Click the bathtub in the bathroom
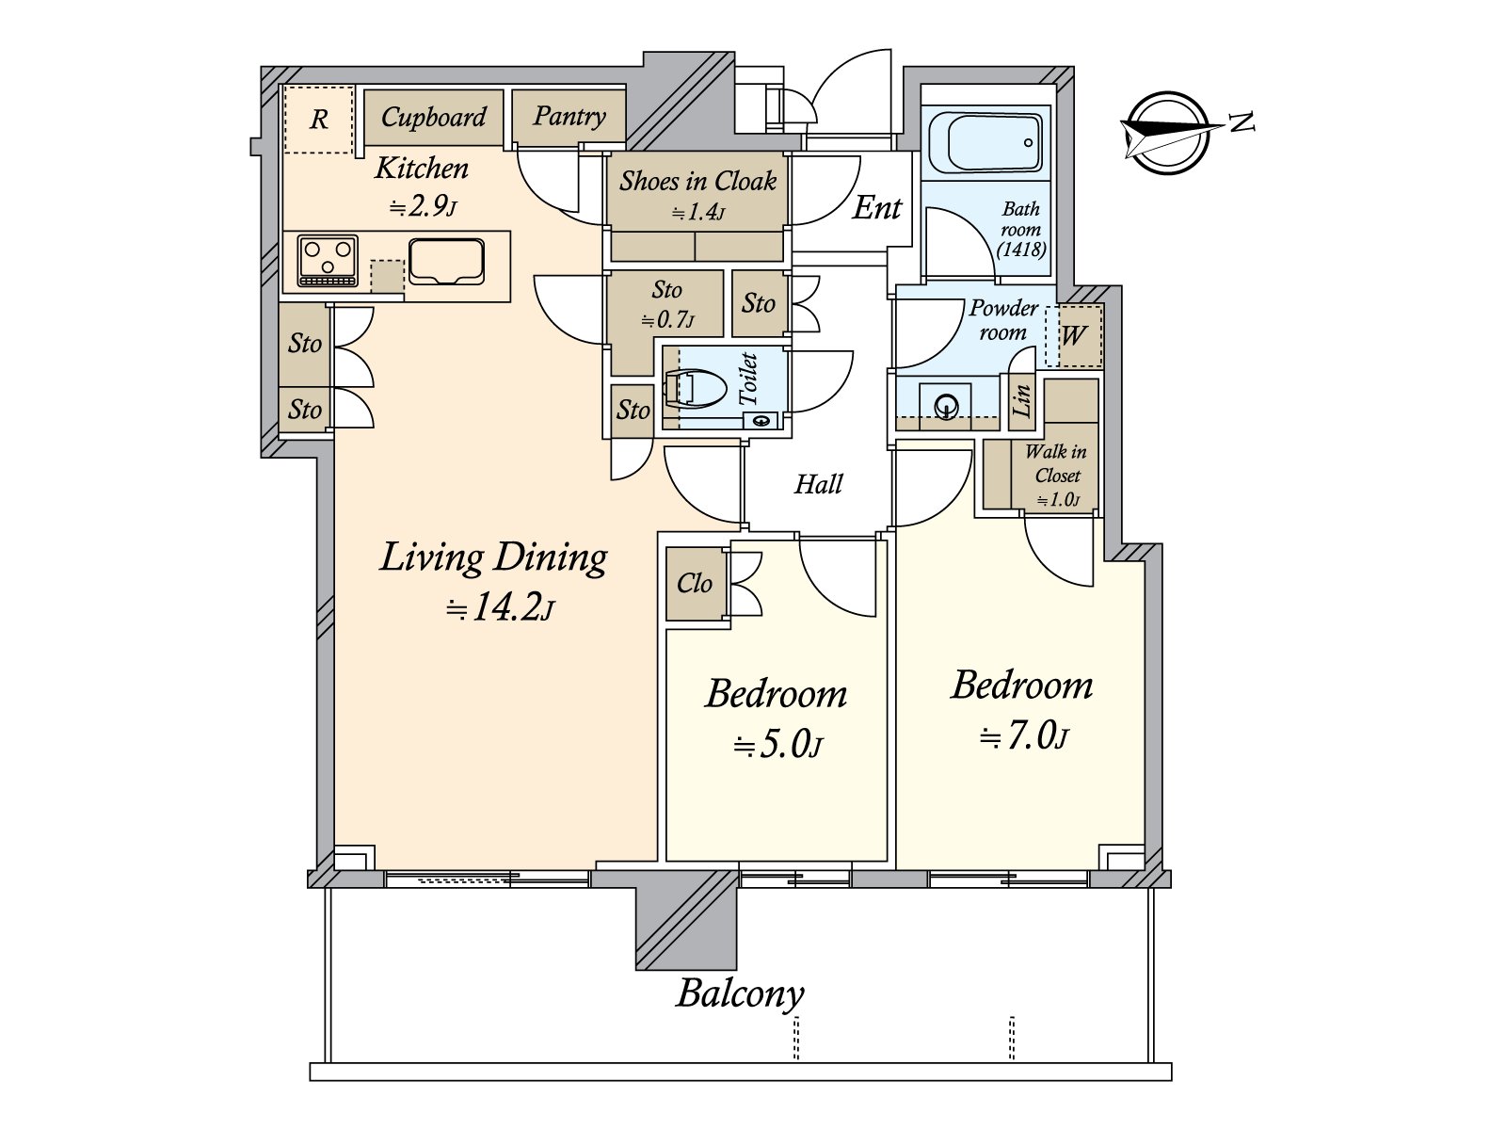pyautogui.click(x=985, y=143)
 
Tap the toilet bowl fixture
pyautogui.click(x=695, y=391)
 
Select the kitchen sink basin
pyautogui.click(x=447, y=261)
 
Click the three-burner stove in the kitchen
pyautogui.click(x=328, y=261)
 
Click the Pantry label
pyautogui.click(x=569, y=116)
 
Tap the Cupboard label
pyautogui.click(x=434, y=118)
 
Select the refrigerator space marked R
pyautogui.click(x=319, y=120)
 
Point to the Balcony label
pyautogui.click(x=740, y=993)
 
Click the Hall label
pyautogui.click(x=818, y=484)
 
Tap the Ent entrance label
pyautogui.click(x=877, y=207)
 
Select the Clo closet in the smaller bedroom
pyautogui.click(x=695, y=584)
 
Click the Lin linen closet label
pyautogui.click(x=1021, y=400)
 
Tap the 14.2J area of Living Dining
pyautogui.click(x=500, y=608)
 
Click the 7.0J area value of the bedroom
pyautogui.click(x=1024, y=737)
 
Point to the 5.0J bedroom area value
pyautogui.click(x=778, y=745)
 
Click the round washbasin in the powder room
pyautogui.click(x=947, y=405)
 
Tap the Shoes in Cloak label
pyautogui.click(x=697, y=181)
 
